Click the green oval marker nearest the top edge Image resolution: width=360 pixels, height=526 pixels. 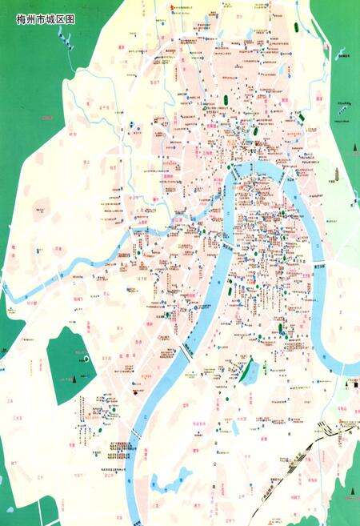pyautogui.click(x=296, y=26)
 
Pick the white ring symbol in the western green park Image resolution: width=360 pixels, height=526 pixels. pyautogui.click(x=78, y=352)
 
